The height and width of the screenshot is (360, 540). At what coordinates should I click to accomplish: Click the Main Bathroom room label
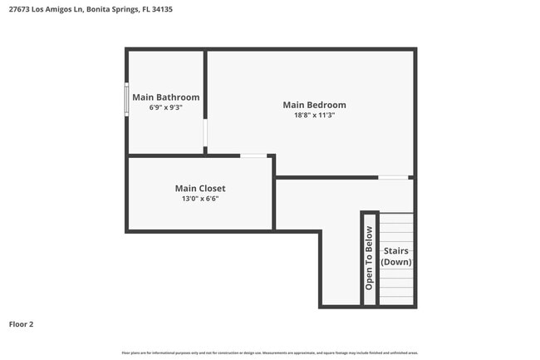click(x=165, y=97)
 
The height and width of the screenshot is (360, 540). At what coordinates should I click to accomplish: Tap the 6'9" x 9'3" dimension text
click(x=165, y=108)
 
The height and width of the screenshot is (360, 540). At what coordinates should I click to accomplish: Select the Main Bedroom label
click(x=314, y=105)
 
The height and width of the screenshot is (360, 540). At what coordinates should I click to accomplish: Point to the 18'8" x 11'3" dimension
click(x=314, y=116)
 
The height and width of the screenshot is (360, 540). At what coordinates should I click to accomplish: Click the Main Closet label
click(x=199, y=188)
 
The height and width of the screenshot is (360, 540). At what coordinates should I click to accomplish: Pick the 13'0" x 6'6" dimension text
click(x=199, y=199)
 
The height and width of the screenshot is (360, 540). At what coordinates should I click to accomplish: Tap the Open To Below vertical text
click(x=370, y=258)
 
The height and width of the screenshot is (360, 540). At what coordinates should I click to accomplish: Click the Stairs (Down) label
click(x=395, y=256)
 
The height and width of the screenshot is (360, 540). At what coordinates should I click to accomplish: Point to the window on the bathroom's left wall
click(x=127, y=99)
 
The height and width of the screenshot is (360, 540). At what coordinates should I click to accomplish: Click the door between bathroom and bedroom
click(x=205, y=133)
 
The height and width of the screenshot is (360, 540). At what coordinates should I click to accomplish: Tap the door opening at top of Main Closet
click(x=253, y=155)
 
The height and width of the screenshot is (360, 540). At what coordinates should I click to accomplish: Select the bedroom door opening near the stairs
click(x=393, y=177)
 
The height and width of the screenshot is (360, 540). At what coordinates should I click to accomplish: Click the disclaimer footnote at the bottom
click(x=269, y=353)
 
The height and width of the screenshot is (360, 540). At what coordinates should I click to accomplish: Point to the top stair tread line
click(x=396, y=215)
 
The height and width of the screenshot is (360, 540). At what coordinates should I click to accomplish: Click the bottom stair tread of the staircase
click(x=396, y=298)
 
